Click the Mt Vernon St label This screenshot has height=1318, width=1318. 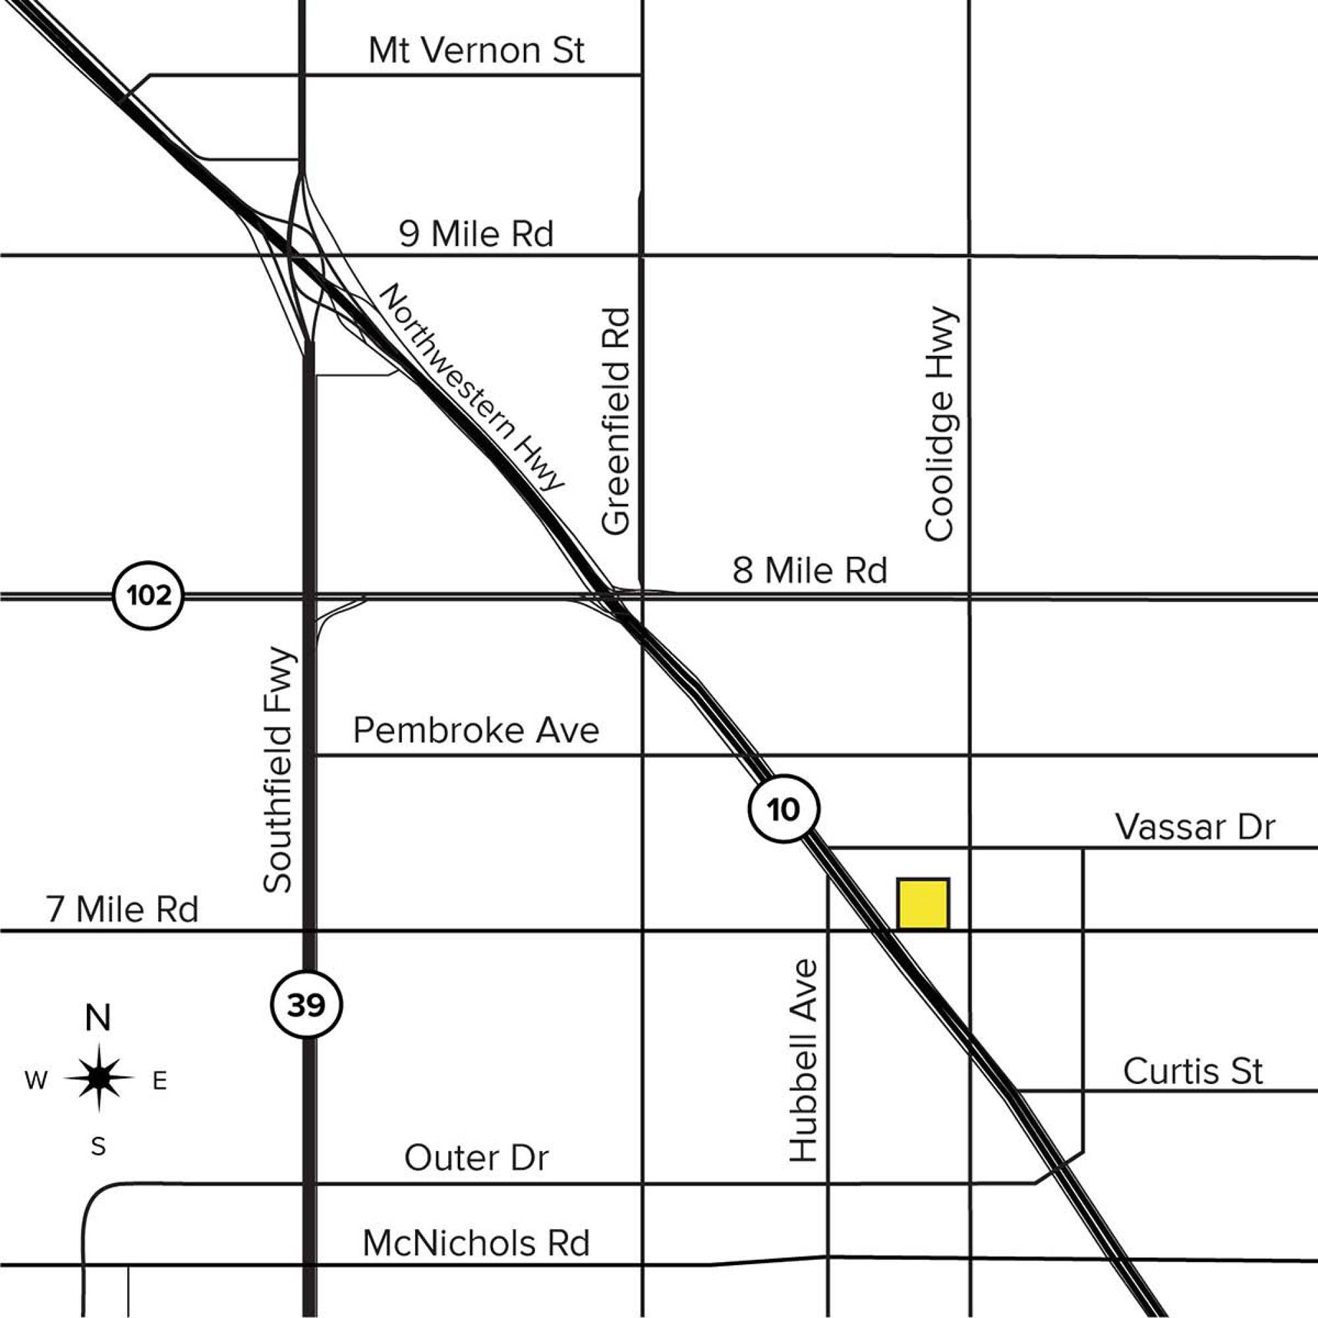[476, 51]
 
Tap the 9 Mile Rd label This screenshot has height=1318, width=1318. [476, 234]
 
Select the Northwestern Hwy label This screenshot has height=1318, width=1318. [471, 386]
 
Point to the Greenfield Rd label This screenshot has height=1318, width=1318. [616, 421]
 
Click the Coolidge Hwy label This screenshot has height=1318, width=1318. [938, 424]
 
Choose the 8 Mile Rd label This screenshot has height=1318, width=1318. [810, 570]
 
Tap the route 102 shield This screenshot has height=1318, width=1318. [149, 596]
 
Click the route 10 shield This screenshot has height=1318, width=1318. [784, 809]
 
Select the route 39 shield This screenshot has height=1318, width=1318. [306, 1005]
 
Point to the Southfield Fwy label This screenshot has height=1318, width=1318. [277, 770]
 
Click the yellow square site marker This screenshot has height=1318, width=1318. [923, 904]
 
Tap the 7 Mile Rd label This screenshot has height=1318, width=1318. [123, 910]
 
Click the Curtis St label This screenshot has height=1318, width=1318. [1193, 1072]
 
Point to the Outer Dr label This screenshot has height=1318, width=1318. [476, 1159]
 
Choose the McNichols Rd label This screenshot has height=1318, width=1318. [476, 1244]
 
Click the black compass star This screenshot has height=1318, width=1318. [100, 1078]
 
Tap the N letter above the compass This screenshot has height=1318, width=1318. [98, 1019]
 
